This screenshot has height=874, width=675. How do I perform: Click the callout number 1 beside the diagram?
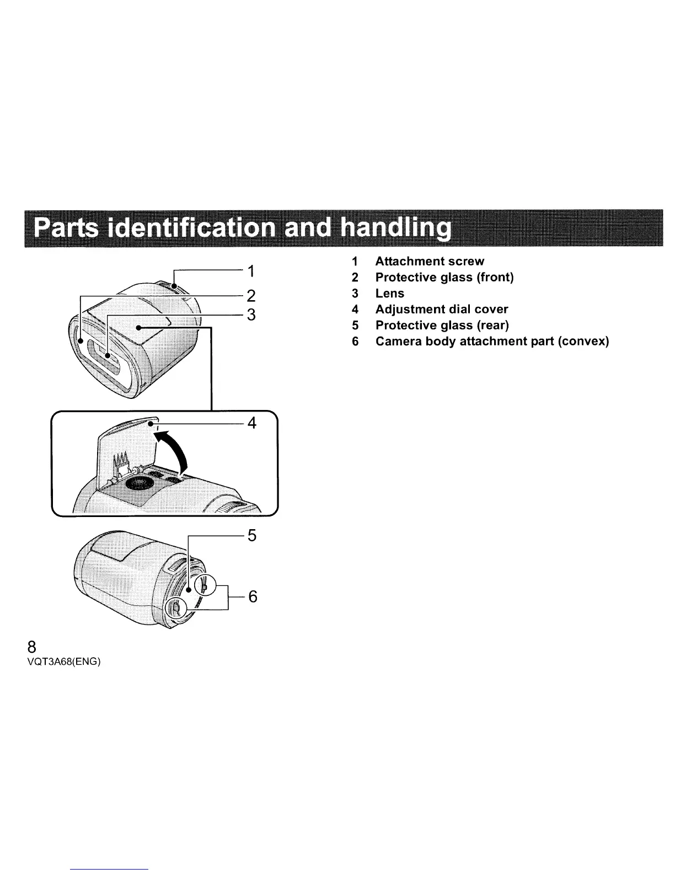tap(251, 271)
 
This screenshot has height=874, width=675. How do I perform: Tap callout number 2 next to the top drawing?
tap(251, 296)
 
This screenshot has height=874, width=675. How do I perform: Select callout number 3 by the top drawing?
tap(251, 315)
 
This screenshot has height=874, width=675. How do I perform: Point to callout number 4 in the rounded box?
tap(252, 423)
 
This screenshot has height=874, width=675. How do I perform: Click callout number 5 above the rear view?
tap(252, 535)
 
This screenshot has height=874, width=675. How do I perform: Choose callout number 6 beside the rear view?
tap(253, 596)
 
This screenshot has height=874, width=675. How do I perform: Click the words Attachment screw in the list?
tap(430, 261)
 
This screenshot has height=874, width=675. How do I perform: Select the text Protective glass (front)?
tap(444, 277)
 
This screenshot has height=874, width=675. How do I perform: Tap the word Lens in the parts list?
tap(389, 293)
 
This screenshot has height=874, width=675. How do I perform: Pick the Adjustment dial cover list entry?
tap(441, 309)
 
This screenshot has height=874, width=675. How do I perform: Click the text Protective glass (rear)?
tap(442, 325)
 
